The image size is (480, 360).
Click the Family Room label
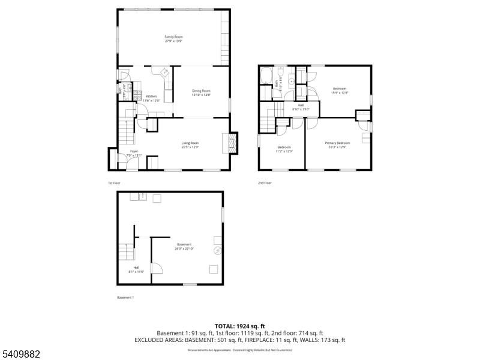173,37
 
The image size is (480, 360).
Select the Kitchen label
151,97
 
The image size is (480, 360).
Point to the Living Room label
190,143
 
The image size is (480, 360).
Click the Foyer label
133,152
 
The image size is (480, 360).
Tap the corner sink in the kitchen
163,73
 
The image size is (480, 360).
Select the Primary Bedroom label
337,143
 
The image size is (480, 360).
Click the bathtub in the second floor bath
267,76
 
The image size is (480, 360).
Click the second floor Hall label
300,105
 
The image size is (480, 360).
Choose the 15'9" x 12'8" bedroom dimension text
340,93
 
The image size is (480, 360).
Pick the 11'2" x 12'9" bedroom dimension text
284,151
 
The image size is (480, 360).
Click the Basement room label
184,244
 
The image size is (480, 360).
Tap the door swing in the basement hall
156,268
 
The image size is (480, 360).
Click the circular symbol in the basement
218,249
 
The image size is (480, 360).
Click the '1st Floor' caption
114,182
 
